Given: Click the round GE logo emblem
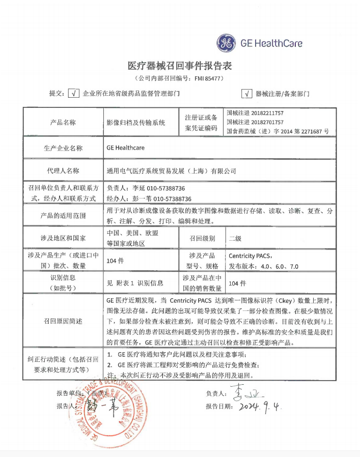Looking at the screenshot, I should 227,43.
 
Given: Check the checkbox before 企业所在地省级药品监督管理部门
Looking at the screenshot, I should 74,94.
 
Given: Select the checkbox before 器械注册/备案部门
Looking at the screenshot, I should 246,94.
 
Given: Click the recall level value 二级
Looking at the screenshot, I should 235,238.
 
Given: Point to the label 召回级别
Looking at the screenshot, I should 202,238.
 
